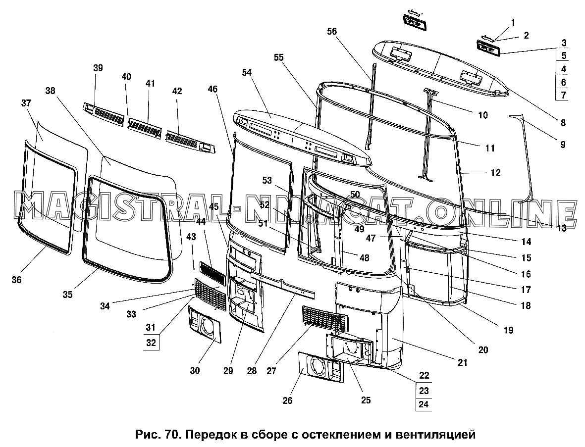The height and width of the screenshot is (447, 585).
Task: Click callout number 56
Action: (x=332, y=32)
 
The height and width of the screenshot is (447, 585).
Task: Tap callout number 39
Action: (x=98, y=68)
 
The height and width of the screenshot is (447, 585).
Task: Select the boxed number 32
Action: (x=151, y=343)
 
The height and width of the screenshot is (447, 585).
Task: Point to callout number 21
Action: (x=462, y=362)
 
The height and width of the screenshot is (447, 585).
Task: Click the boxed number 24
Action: (x=424, y=404)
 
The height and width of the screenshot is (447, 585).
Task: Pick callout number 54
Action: (x=247, y=73)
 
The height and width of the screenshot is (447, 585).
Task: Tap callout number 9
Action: (x=563, y=145)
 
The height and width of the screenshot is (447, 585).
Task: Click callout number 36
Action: (x=16, y=280)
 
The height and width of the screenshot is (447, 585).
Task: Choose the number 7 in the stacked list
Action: (x=563, y=95)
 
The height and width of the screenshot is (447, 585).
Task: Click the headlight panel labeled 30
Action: (x=205, y=325)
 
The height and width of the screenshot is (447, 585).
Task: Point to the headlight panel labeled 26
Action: (x=321, y=367)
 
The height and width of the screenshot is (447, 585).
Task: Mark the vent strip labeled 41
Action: (x=145, y=129)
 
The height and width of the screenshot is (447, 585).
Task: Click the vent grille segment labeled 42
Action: (x=191, y=142)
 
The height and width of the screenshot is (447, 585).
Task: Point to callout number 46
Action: (x=213, y=89)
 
